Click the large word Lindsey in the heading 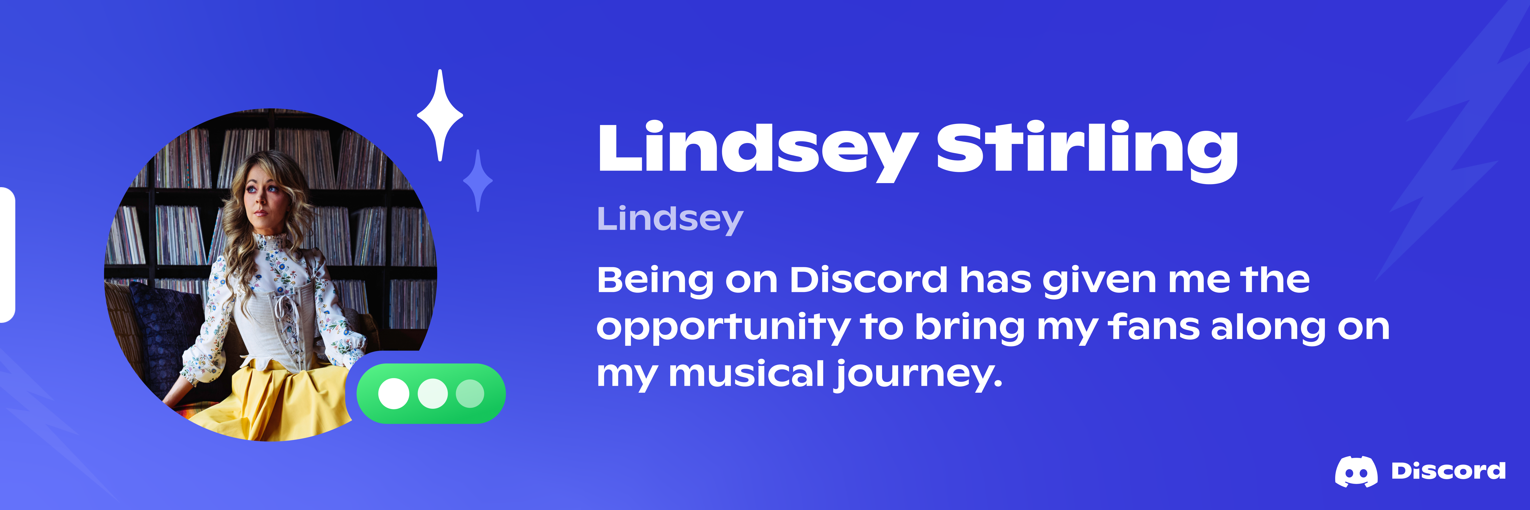[758, 150]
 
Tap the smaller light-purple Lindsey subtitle [670, 220]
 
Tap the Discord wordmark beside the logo [1448, 471]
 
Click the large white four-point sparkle [440, 115]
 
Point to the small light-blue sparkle [478, 181]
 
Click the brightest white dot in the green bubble [394, 394]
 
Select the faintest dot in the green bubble [470, 394]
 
